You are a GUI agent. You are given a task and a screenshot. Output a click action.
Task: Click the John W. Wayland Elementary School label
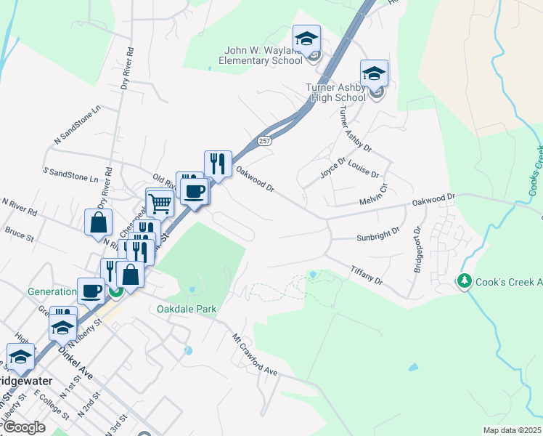(263, 55)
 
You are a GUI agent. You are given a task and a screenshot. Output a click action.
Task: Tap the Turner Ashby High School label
(335, 92)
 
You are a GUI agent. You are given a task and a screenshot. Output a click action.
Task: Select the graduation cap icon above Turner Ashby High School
(374, 73)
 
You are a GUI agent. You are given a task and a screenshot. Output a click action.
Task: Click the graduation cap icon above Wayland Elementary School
(306, 38)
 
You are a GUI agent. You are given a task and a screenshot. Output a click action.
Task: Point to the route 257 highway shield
(264, 140)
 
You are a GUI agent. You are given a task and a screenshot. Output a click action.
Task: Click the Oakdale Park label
(187, 309)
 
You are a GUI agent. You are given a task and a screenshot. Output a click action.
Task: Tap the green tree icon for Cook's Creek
(464, 280)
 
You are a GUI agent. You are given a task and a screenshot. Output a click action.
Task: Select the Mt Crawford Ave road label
(255, 355)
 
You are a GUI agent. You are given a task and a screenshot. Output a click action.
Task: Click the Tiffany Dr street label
(367, 275)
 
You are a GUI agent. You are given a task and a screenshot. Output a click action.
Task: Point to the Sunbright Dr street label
(378, 234)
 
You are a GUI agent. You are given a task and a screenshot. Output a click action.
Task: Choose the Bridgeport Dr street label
(417, 251)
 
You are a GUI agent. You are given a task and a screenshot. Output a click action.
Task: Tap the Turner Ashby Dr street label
(354, 129)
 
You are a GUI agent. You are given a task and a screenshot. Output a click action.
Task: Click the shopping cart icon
(159, 203)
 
